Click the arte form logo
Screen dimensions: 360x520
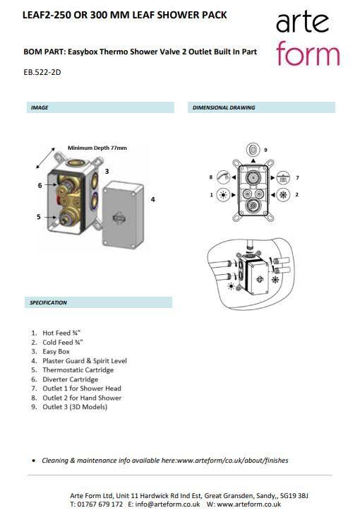pyautogui.click(x=308, y=38)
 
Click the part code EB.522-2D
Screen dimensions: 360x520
pyautogui.click(x=42, y=72)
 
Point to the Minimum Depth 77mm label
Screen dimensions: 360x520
pyautogui.click(x=97, y=148)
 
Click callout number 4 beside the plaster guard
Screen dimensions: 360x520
pyautogui.click(x=152, y=199)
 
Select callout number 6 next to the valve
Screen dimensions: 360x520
pyautogui.click(x=40, y=185)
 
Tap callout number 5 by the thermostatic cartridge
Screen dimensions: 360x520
pyautogui.click(x=39, y=217)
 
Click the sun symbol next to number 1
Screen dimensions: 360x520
pyautogui.click(x=223, y=195)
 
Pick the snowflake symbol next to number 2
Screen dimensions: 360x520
pyautogui.click(x=283, y=195)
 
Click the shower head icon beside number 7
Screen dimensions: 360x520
pyautogui.click(x=283, y=178)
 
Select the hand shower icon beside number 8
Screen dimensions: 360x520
pyautogui.click(x=223, y=177)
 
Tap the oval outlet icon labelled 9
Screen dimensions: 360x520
pyautogui.click(x=253, y=150)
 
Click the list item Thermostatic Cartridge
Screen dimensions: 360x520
pyautogui.click(x=78, y=370)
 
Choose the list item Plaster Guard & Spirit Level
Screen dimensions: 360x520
pyautogui.click(x=85, y=361)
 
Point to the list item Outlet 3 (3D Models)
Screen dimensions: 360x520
pyautogui.click(x=75, y=407)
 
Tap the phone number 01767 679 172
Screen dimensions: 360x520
pyautogui.click(x=100, y=504)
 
